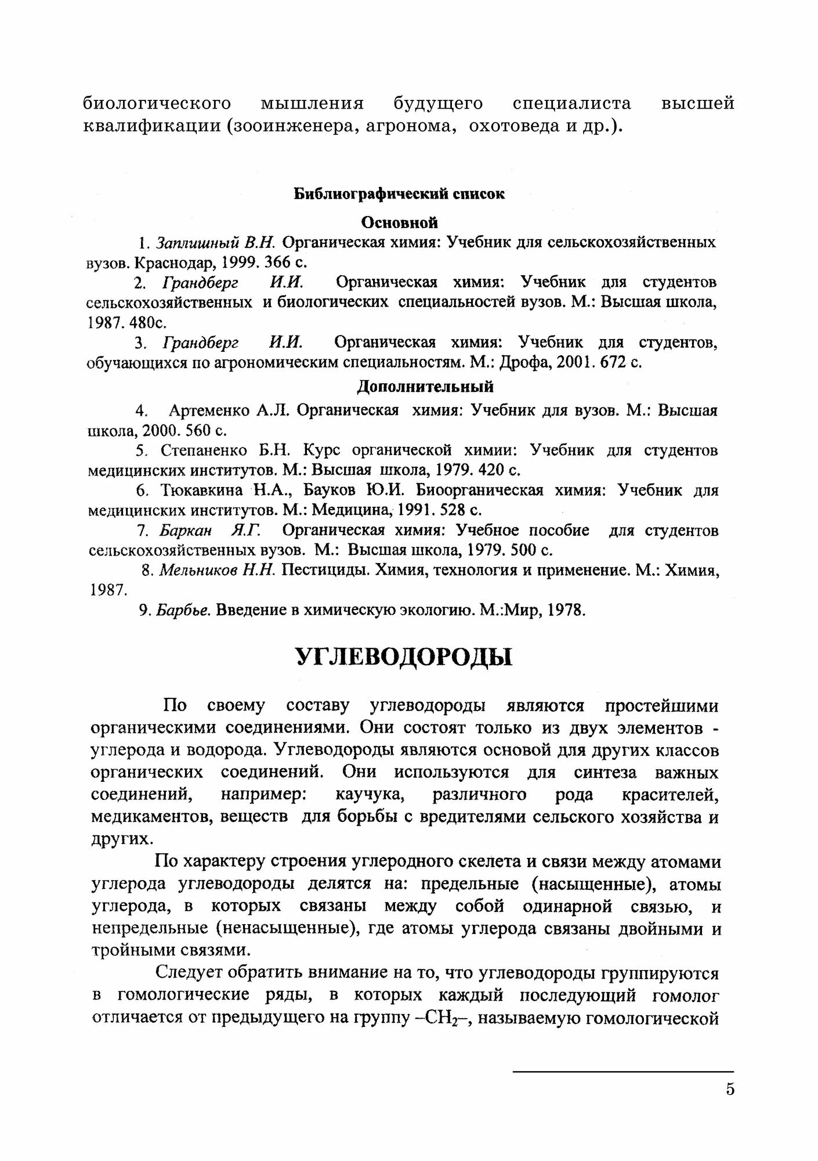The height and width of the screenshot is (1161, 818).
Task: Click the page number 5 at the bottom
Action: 730,1090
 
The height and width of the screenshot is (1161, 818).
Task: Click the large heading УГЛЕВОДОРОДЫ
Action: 404,657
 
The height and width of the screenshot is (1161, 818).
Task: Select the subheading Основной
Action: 400,222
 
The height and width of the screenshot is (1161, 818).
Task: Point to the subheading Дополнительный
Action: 425,386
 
